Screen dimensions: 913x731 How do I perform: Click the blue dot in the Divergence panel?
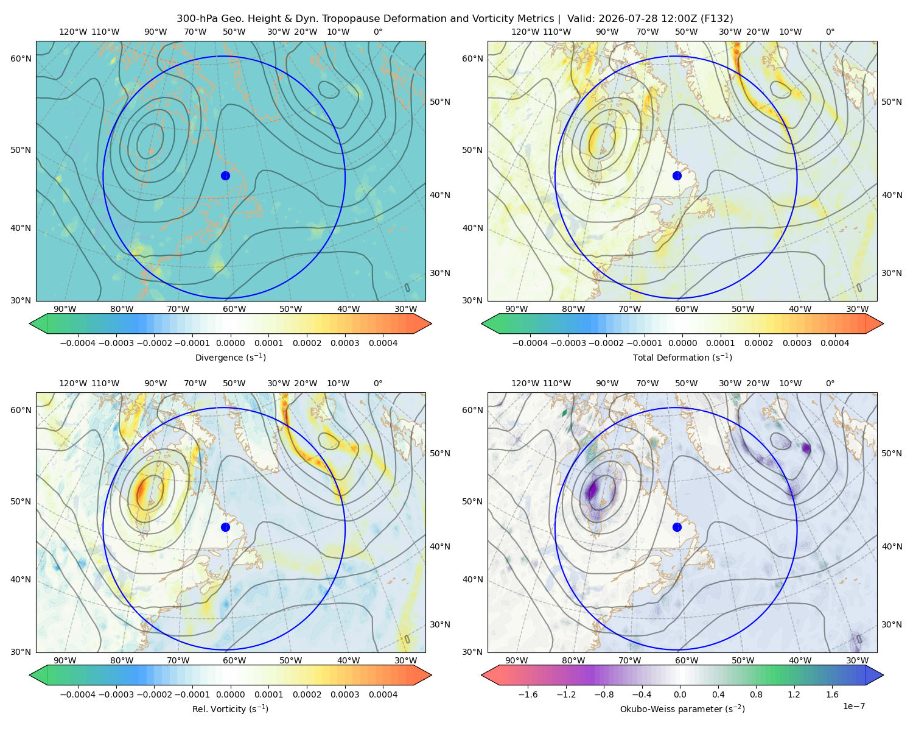tap(225, 175)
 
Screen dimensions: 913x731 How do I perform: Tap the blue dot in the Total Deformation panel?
tap(677, 175)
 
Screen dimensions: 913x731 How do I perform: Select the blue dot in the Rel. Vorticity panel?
tap(225, 527)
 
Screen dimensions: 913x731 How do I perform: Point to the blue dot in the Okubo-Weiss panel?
tap(677, 527)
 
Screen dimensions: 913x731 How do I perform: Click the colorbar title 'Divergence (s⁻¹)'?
tap(230, 357)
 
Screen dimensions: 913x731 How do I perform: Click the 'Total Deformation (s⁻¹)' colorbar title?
tap(682, 357)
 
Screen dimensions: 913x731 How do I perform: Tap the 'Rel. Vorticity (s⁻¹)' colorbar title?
tap(230, 708)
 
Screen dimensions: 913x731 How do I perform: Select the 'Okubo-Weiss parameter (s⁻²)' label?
tap(682, 708)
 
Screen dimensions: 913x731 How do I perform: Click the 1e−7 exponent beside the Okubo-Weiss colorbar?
tap(853, 706)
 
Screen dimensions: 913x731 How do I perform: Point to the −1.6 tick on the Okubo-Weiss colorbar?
tap(528, 694)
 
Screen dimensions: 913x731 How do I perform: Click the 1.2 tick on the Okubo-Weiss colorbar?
tap(794, 694)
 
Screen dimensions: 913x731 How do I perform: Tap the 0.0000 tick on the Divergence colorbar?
tap(230, 343)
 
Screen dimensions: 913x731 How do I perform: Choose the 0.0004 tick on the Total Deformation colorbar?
tap(834, 343)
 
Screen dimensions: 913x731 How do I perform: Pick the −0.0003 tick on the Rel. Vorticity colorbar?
tap(116, 694)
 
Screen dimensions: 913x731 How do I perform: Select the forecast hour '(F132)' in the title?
tap(717, 19)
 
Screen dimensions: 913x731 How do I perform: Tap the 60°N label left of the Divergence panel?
tap(21, 58)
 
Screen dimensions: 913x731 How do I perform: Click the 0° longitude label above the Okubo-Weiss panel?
tap(830, 383)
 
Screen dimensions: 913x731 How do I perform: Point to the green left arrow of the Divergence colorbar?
tap(38, 323)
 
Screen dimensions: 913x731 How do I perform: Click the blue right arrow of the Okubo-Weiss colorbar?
tap(874, 675)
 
